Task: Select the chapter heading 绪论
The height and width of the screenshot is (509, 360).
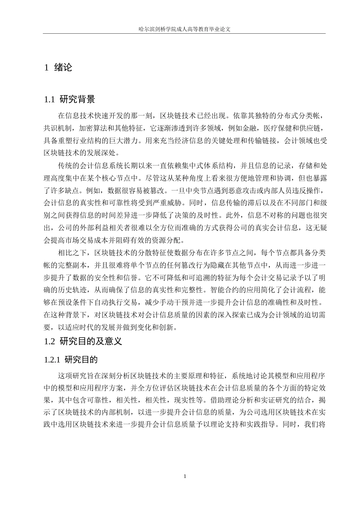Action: coord(63,68)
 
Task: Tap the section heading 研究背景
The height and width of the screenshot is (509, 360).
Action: coord(78,100)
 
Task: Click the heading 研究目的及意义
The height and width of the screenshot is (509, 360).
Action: coord(91,341)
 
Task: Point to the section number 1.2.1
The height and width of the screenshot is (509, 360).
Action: coord(52,359)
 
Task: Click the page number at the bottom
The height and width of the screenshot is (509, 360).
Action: coord(185,476)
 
